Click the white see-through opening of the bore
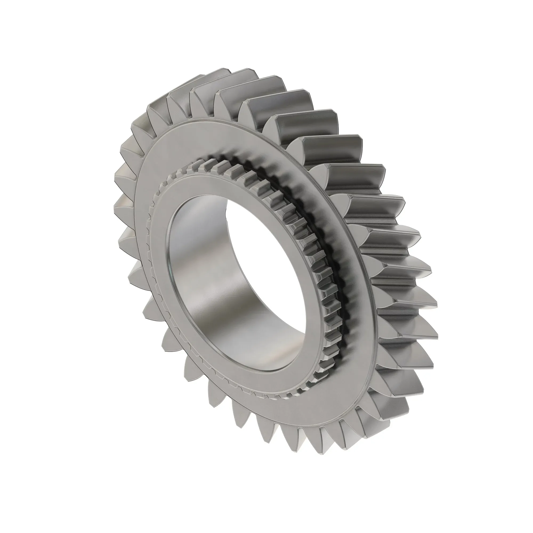pos(265,248)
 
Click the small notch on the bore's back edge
pos(227,210)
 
